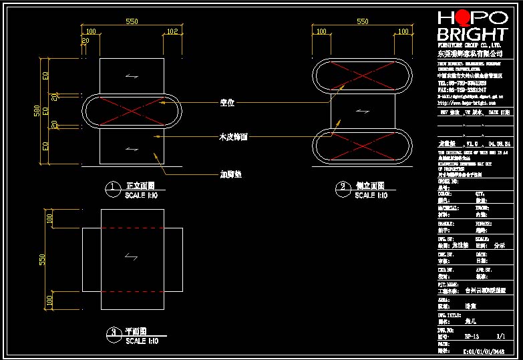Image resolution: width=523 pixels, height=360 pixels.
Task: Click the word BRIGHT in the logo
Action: pyautogui.click(x=471, y=35)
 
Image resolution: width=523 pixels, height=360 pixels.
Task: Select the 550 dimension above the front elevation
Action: pyautogui.click(x=132, y=21)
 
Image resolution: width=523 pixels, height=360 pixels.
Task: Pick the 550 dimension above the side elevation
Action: pyautogui.click(x=363, y=21)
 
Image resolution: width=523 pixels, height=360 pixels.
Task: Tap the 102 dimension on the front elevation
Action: pyautogui.click(x=172, y=31)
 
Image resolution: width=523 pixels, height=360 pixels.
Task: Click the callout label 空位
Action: pyautogui.click(x=227, y=103)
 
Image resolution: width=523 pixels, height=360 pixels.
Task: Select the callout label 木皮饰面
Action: pyautogui.click(x=234, y=136)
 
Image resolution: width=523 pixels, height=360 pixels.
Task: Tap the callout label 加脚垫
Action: pyautogui.click(x=230, y=174)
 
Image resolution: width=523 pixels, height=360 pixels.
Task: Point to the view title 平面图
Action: pyautogui.click(x=136, y=331)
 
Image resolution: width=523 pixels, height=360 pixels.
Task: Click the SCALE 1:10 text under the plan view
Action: pyautogui.click(x=142, y=341)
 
